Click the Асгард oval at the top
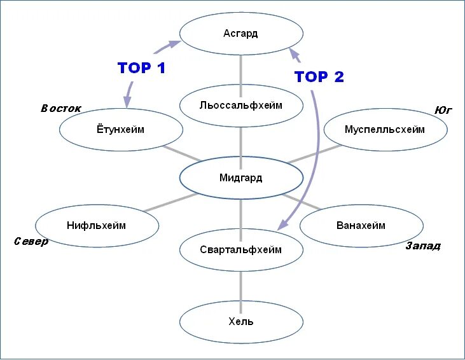pos(240,33)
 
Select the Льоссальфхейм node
pos(240,105)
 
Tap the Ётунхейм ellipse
pos(121,130)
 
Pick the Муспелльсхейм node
pos(384,130)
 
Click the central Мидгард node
pos(240,177)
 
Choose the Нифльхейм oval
pos(97,225)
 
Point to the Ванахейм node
pos(361,225)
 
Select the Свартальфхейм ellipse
pos(240,249)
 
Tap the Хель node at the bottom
pos(240,321)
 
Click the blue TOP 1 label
pos(141,68)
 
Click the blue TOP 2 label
pos(319,77)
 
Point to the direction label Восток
pos(61,108)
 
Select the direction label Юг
pos(443,110)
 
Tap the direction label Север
pos(31,242)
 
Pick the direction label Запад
pos(423,246)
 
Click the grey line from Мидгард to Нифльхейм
pos(167,202)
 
